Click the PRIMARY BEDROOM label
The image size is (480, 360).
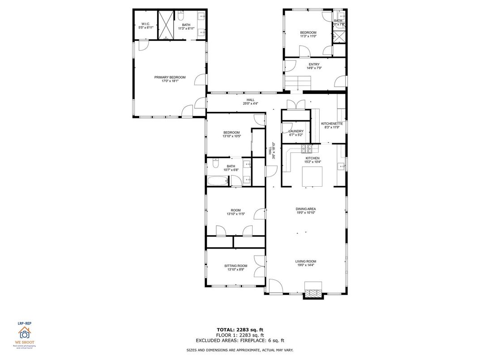170,77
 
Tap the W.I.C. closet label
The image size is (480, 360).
146,24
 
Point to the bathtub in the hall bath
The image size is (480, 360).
217,181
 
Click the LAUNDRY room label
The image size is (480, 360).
296,131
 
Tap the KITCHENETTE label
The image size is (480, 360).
332,124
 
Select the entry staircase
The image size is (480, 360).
298,82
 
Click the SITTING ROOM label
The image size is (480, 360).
236,266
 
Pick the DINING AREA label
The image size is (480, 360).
306,209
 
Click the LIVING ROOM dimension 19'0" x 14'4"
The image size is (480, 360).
306,265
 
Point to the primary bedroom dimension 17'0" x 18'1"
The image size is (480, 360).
170,81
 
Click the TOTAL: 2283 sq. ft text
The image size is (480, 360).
240,330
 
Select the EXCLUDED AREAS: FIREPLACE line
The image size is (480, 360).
240,340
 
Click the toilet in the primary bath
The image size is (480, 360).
180,16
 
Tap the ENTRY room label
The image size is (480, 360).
314,64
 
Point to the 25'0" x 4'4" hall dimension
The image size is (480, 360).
250,104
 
